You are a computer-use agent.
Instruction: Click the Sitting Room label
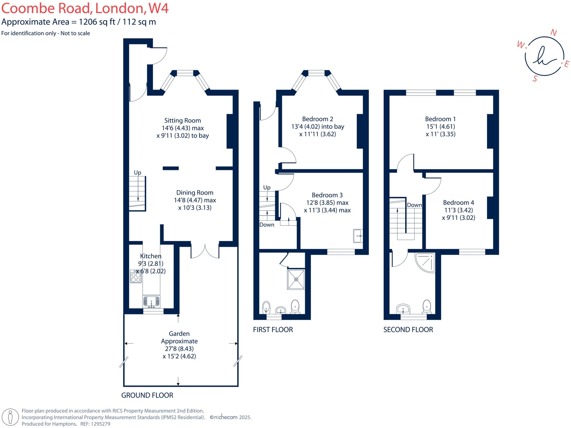click(182, 121)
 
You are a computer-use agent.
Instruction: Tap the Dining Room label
click(195, 193)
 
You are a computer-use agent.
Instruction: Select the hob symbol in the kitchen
click(136, 276)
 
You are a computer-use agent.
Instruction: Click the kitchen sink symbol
click(151, 302)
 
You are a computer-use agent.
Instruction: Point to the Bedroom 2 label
click(318, 119)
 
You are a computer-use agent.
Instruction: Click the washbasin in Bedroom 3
click(358, 236)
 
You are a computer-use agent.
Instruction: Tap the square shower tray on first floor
click(296, 279)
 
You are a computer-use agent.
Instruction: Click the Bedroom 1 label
click(440, 119)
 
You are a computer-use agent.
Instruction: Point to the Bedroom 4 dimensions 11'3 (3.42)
click(458, 210)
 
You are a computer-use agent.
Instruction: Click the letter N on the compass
click(554, 33)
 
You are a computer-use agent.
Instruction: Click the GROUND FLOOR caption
click(147, 395)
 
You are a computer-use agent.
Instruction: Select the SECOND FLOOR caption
click(408, 330)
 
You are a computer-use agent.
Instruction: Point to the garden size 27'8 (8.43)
click(179, 349)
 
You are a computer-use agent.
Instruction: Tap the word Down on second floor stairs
click(414, 205)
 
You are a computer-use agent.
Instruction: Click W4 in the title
click(158, 8)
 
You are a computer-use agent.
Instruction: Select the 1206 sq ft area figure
click(97, 22)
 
